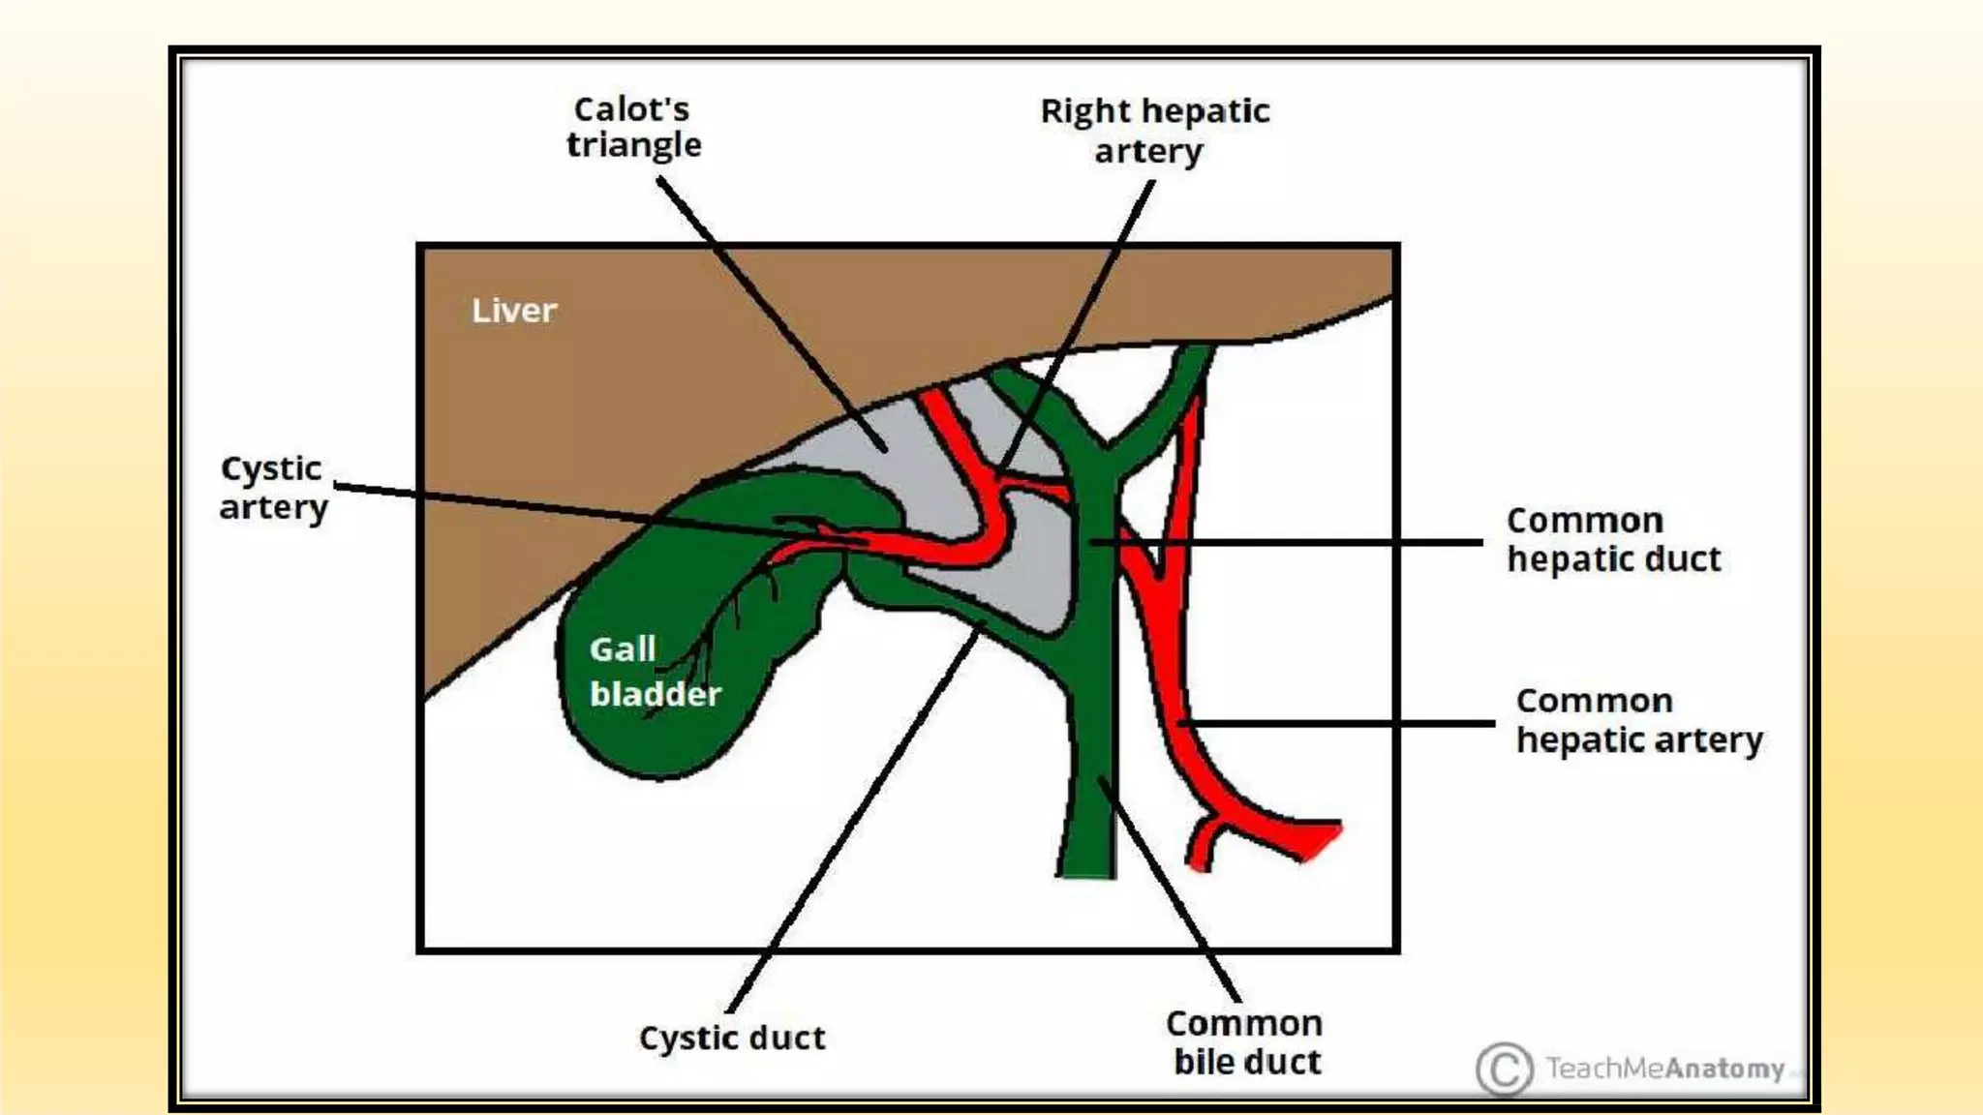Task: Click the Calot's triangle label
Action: (633, 127)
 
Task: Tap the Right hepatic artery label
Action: (1154, 131)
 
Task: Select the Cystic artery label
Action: (273, 488)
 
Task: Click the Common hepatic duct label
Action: (1613, 540)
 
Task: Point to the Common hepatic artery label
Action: (1638, 720)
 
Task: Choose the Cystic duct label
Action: (732, 1038)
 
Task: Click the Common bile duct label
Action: (1245, 1042)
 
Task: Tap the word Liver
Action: (514, 311)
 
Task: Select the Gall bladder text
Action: (654, 672)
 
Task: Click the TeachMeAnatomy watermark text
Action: (1664, 1069)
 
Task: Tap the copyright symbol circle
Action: (1504, 1070)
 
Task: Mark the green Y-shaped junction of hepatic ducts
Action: (1104, 455)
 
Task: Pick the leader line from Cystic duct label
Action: (852, 823)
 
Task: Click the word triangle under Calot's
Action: (633, 146)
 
